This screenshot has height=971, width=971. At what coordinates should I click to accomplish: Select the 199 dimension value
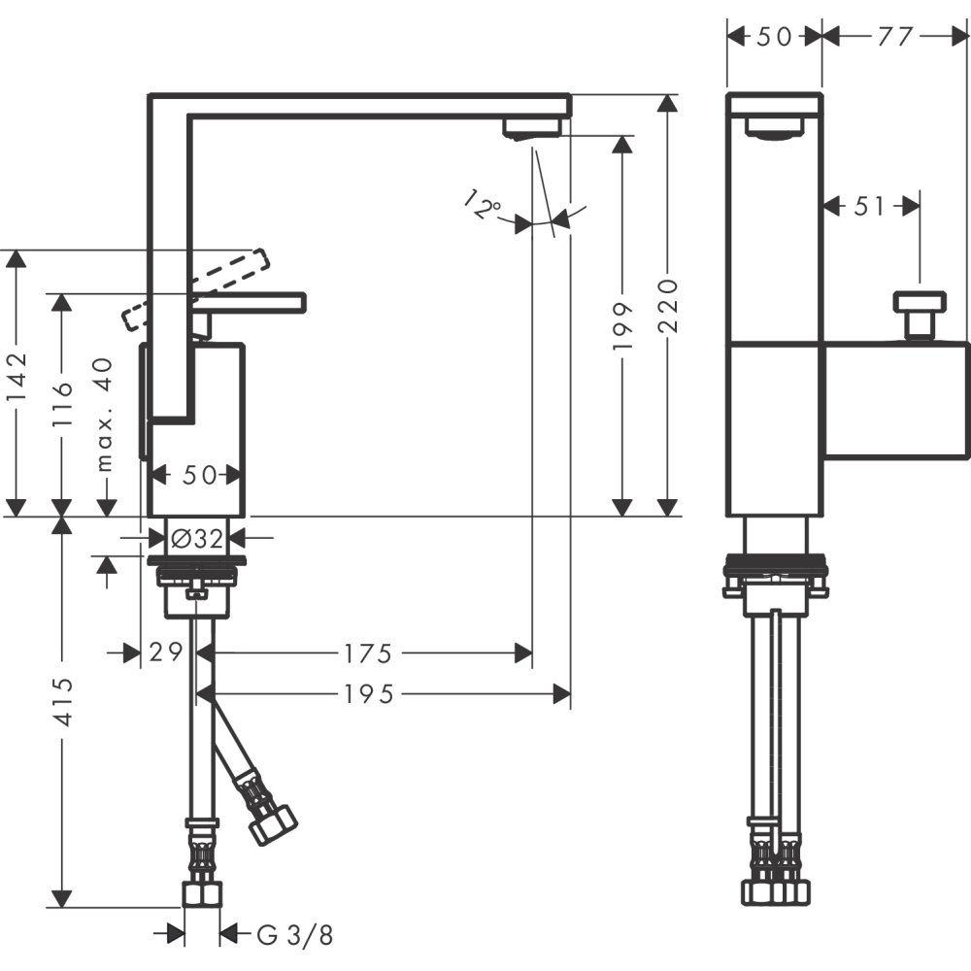pyautogui.click(x=622, y=325)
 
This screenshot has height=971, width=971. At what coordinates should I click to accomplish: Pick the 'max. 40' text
pyautogui.click(x=106, y=414)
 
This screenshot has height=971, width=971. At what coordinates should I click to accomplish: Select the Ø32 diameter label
pyautogui.click(x=197, y=538)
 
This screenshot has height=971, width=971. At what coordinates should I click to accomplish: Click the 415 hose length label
pyautogui.click(x=62, y=701)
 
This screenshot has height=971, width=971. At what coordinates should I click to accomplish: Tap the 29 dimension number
pyautogui.click(x=167, y=653)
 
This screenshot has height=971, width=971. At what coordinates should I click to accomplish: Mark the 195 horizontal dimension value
pyautogui.click(x=369, y=693)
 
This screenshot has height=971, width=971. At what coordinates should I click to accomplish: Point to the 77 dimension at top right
pyautogui.click(x=894, y=37)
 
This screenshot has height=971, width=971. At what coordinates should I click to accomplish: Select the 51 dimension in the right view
pyautogui.click(x=869, y=206)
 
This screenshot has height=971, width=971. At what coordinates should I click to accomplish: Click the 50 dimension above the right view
pyautogui.click(x=774, y=37)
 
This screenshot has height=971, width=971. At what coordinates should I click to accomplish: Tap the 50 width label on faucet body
pyautogui.click(x=199, y=476)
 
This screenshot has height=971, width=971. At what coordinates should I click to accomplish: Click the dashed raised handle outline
pyautogui.click(x=194, y=289)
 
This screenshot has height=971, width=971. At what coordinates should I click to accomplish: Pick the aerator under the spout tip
pyautogui.click(x=531, y=128)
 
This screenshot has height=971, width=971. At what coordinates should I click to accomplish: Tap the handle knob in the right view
pyautogui.click(x=919, y=303)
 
